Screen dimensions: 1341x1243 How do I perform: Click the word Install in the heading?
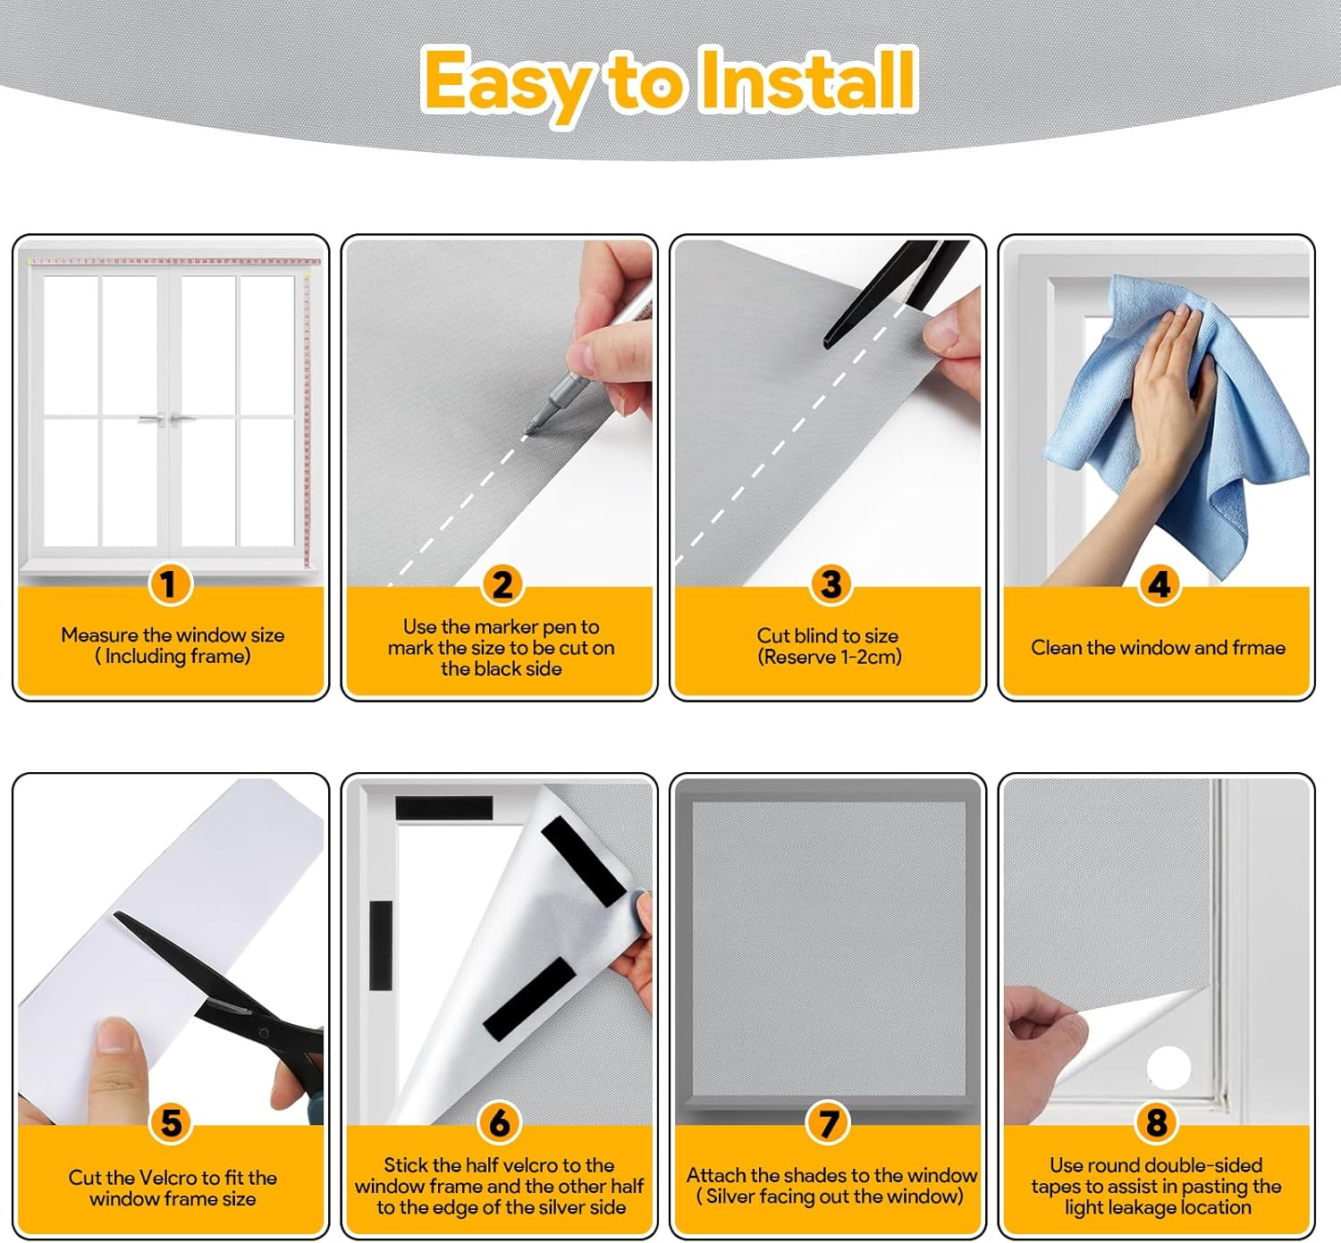808,80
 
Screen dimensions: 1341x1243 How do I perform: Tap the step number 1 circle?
170,584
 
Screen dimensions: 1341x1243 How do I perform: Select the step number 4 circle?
1159,584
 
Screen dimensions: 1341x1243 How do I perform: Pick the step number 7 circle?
828,1123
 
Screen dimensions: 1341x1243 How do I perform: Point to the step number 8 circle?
1157,1123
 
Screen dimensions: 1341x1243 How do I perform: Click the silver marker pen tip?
528,430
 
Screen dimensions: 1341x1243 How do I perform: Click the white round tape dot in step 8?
1168,1068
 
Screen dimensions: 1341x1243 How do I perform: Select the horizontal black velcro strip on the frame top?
443,808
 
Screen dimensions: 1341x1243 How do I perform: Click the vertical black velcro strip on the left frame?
381,945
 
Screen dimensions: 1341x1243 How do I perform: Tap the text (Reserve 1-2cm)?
829,657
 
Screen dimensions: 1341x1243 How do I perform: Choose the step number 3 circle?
831,584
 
